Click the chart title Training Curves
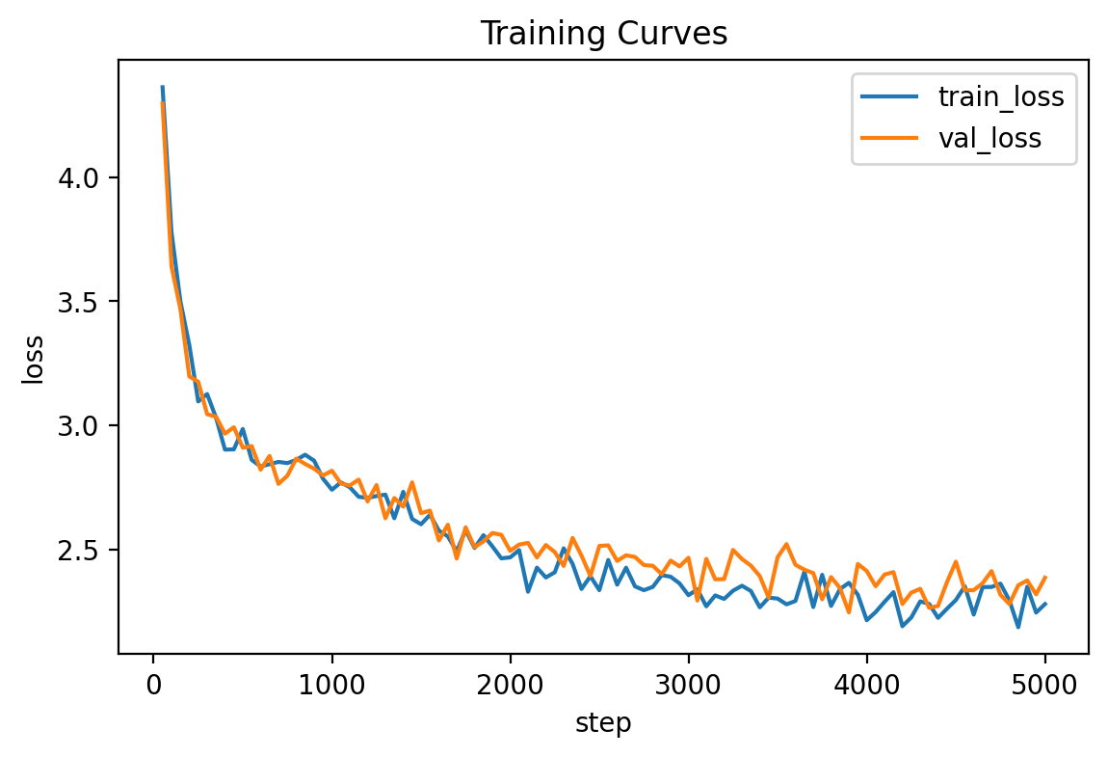(x=603, y=34)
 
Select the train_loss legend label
(x=1001, y=96)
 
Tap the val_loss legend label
(x=989, y=138)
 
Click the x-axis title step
(x=603, y=723)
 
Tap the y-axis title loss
(x=34, y=359)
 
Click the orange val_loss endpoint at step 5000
(x=1045, y=577)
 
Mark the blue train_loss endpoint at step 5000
(x=1045, y=604)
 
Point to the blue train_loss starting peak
(x=162, y=87)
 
